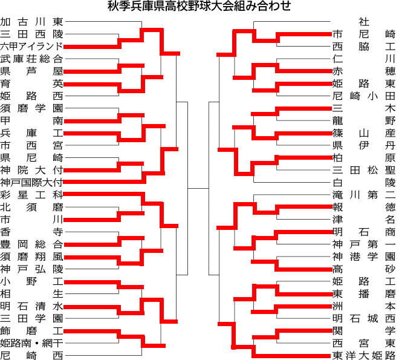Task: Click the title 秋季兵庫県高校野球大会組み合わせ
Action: (199, 6)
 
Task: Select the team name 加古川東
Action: (31, 22)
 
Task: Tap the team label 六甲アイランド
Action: (31, 47)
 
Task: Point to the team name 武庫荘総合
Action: (31, 59)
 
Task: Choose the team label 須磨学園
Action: (31, 108)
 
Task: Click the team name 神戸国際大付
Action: (31, 183)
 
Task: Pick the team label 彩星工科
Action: (31, 195)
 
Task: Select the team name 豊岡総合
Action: (31, 244)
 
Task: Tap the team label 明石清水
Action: (31, 306)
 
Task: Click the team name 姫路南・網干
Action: (31, 343)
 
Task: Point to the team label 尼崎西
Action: (31, 355)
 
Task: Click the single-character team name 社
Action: (364, 22)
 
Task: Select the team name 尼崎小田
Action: (364, 96)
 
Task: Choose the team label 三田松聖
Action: (364, 170)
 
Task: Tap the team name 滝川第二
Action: (364, 195)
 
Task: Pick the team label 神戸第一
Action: (364, 244)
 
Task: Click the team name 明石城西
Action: (364, 318)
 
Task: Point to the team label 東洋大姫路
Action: (364, 355)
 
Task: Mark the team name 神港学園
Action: (364, 257)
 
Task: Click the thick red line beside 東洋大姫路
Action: (293, 356)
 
